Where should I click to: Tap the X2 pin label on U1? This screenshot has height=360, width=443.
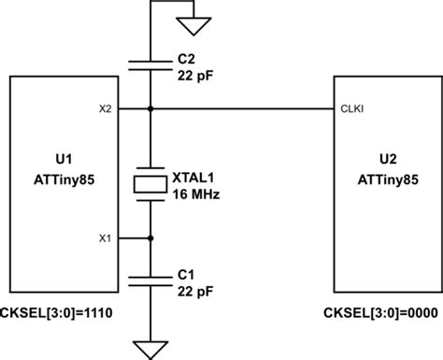point(107,109)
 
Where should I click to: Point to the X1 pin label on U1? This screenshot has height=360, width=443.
point(107,237)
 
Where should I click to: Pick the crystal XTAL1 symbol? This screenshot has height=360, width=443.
point(151,183)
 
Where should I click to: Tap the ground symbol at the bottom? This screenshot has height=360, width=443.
point(151,350)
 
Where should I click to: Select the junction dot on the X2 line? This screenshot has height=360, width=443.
point(151,109)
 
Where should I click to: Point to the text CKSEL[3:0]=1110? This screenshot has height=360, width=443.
point(58,311)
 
